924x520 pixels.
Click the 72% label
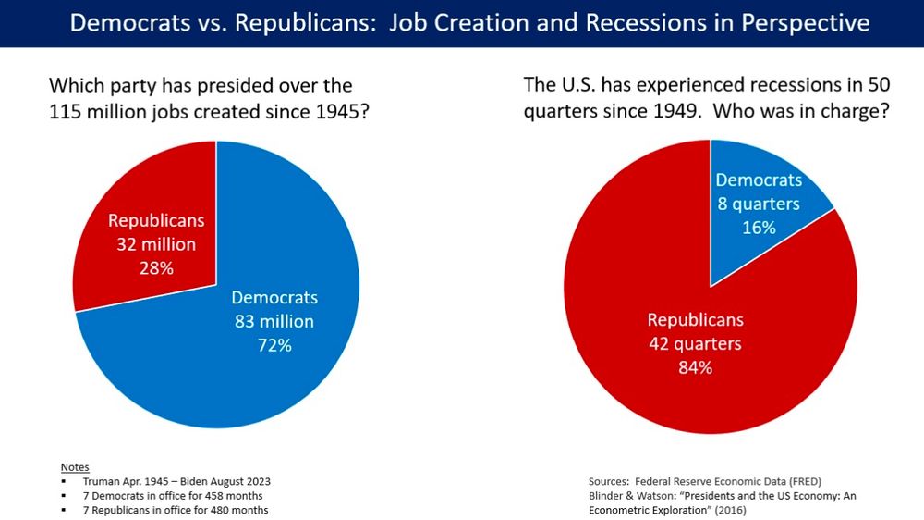coord(274,346)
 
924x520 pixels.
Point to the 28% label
coord(155,268)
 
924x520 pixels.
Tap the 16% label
coord(759,227)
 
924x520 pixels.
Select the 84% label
coord(694,367)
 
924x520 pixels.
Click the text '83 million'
coord(274,322)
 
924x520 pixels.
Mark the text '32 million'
coord(156,245)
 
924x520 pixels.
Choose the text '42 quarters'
coord(694,344)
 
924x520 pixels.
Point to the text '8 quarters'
coord(759,204)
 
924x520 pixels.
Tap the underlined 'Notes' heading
coord(75,466)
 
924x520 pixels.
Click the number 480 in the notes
coord(206,510)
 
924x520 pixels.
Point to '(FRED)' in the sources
coord(803,481)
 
